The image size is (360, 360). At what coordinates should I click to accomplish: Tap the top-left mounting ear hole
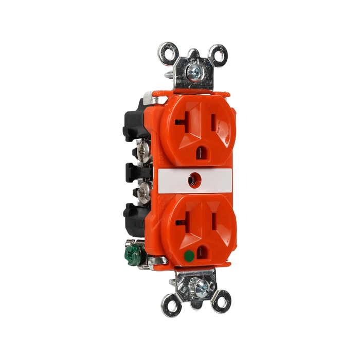coord(167,51)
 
